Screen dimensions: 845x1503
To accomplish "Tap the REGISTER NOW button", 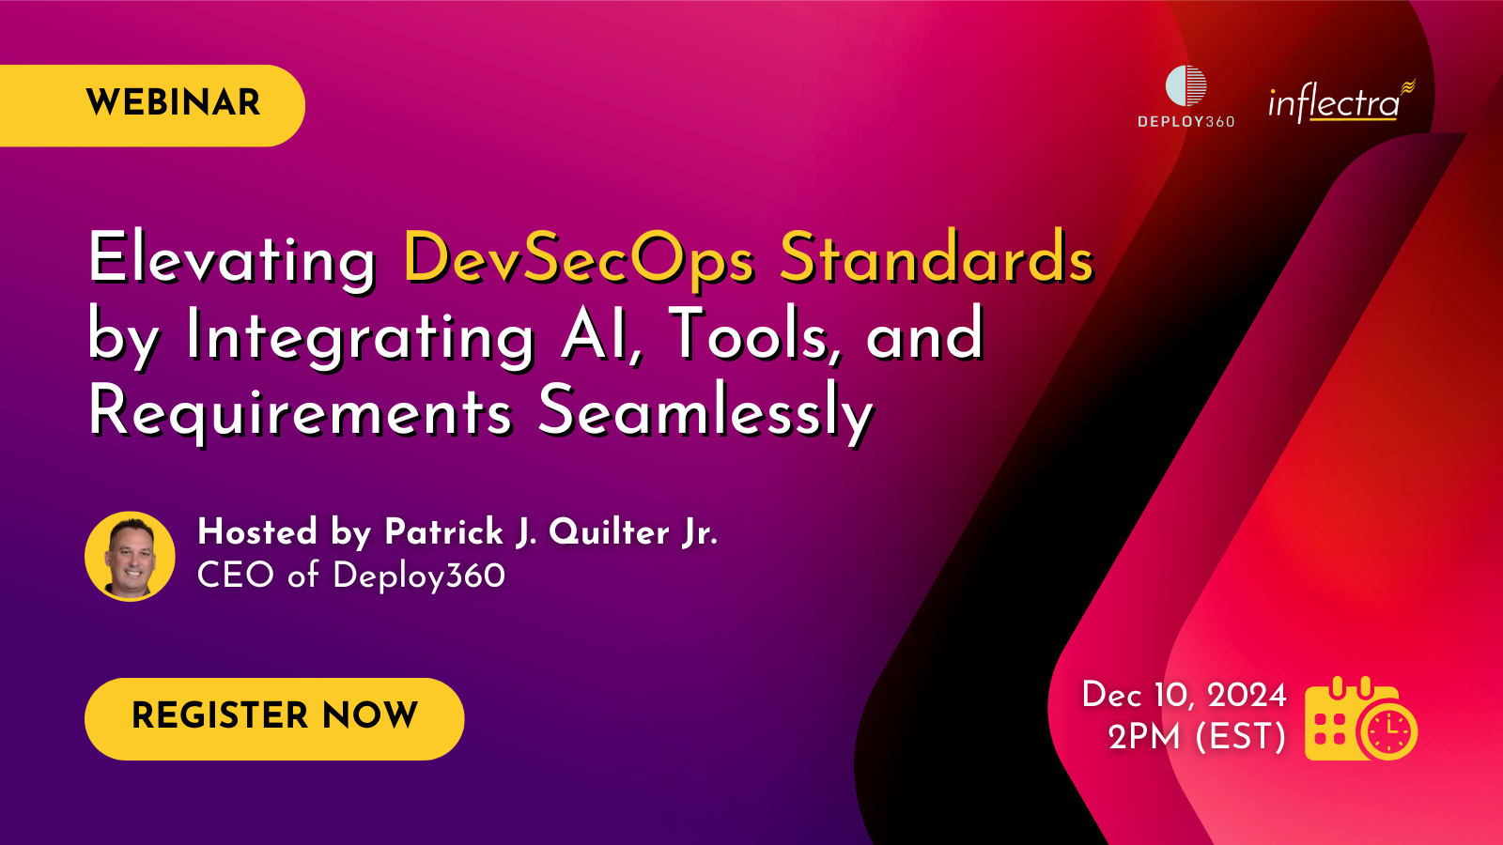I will click(x=274, y=717).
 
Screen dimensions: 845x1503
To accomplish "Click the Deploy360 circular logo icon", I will click(x=1185, y=85).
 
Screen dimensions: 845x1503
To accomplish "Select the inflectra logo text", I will click(x=1334, y=102).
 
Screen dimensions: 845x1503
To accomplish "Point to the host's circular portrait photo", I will click(x=130, y=557).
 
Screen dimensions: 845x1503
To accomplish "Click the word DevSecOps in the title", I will click(x=578, y=258).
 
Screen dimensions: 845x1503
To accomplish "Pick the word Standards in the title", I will click(x=937, y=258).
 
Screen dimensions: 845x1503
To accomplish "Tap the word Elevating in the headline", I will click(x=232, y=258).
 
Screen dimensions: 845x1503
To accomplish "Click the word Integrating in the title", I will click(x=361, y=336).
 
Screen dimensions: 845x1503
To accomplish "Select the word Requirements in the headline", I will click(x=301, y=412).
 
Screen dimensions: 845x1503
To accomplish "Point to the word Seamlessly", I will click(x=705, y=412).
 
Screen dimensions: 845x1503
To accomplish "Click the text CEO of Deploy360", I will click(x=350, y=576).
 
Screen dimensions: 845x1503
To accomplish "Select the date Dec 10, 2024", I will click(x=1184, y=695).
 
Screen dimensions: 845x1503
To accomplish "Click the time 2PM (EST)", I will click(x=1197, y=737).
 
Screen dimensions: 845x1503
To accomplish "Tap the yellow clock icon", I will click(x=1387, y=730).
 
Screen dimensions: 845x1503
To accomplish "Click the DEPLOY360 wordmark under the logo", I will click(x=1185, y=122).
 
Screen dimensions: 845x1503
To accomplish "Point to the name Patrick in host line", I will click(x=444, y=532).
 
